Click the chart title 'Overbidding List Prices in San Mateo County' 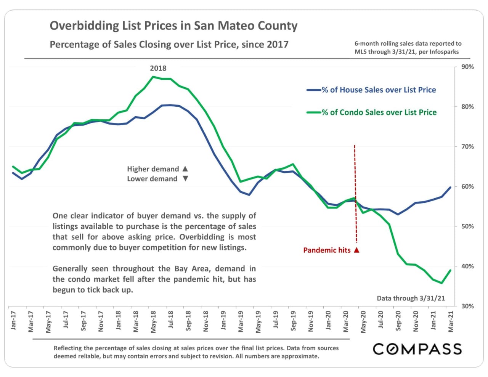[x=173, y=26]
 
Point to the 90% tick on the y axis [x=467, y=67]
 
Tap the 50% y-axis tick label [x=467, y=226]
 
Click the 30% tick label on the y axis [x=467, y=306]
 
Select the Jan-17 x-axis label [x=13, y=321]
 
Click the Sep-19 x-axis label [x=293, y=321]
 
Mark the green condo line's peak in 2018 [x=153, y=77]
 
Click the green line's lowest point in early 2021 [x=442, y=283]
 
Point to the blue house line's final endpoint [x=451, y=187]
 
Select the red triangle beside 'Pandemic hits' [x=356, y=250]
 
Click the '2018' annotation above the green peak [x=158, y=68]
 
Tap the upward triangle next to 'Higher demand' [x=185, y=168]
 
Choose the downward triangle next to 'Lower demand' [x=185, y=178]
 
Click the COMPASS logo [x=417, y=349]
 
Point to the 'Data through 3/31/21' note [x=411, y=298]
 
